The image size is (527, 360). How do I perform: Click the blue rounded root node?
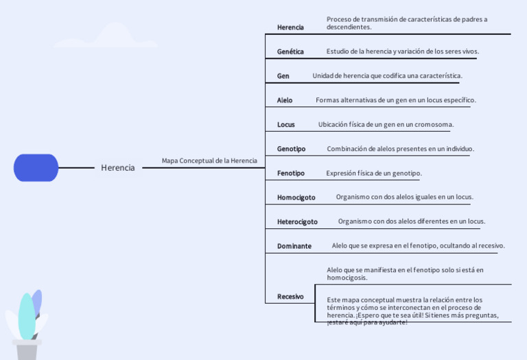tap(36, 167)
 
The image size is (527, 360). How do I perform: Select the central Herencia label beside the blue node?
tap(118, 167)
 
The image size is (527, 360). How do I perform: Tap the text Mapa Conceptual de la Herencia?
tap(209, 160)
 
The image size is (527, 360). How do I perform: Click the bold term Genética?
tap(290, 51)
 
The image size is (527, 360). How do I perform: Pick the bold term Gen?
tap(283, 76)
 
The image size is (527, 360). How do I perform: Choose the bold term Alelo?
tap(285, 100)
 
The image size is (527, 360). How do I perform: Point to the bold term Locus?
tap(286, 125)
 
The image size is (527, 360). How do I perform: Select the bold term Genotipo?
tap(291, 149)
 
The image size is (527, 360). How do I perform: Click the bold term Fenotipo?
tap(291, 173)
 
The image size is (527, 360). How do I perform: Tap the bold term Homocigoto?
tap(296, 197)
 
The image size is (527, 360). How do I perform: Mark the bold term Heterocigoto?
tap(297, 221)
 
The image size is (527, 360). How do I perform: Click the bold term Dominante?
tap(294, 246)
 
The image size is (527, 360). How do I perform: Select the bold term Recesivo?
tap(290, 296)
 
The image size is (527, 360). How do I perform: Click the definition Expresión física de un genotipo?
tap(374, 173)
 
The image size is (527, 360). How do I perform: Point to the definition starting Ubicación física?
tap(386, 124)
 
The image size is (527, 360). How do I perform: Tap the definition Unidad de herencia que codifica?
tap(387, 75)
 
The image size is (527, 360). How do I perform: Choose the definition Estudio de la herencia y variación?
tap(403, 51)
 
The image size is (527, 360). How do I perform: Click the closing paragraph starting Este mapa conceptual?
tap(412, 311)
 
